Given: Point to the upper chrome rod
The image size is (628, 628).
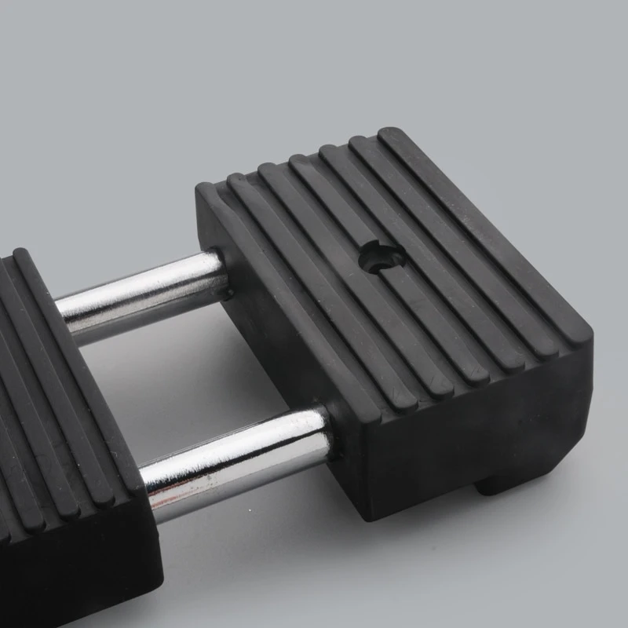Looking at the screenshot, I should point(141,294).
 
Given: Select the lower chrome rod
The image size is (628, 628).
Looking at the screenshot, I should point(235,455).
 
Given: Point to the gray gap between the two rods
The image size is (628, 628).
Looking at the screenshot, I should point(196,369).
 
